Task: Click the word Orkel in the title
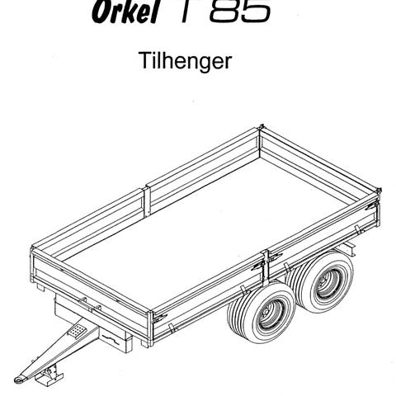[x=125, y=12]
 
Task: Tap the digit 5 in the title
[x=255, y=11]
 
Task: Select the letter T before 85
[x=185, y=11]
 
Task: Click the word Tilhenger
[x=186, y=61]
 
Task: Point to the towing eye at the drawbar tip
[x=19, y=379]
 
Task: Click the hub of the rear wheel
[x=328, y=282]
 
